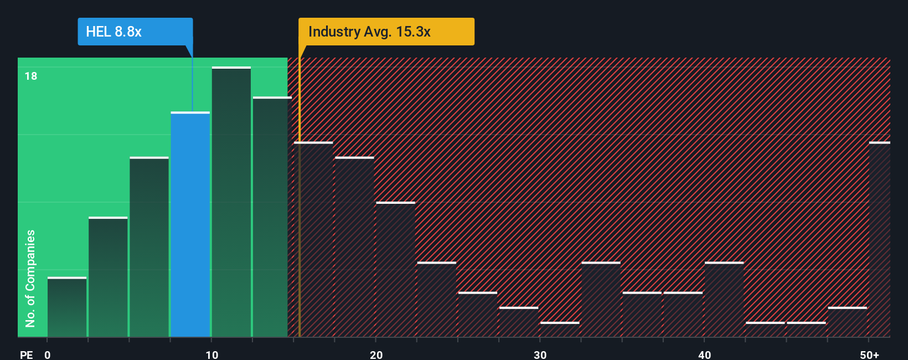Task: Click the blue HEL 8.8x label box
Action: point(135,32)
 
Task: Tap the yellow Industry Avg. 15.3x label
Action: point(386,32)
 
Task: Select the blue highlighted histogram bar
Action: point(190,224)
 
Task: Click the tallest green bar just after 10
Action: point(231,202)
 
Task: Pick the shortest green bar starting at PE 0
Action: point(67,307)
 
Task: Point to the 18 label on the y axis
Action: point(31,76)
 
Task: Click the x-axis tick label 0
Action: point(48,354)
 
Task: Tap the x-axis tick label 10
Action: point(211,354)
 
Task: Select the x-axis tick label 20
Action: point(376,354)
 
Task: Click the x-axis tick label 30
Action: point(540,354)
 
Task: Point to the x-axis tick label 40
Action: point(704,354)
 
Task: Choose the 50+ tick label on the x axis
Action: point(869,354)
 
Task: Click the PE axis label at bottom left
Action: point(26,354)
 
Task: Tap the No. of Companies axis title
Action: point(30,278)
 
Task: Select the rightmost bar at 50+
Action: point(880,240)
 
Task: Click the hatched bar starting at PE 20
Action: point(395,270)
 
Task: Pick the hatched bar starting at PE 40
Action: point(724,300)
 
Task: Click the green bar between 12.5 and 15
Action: point(272,217)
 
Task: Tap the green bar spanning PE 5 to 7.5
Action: point(149,247)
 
